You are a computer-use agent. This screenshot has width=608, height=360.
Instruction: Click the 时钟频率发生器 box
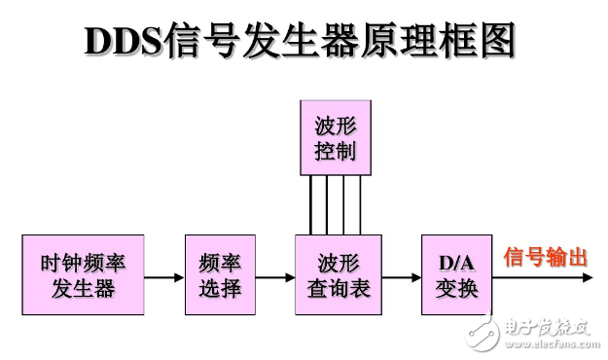coord(83,275)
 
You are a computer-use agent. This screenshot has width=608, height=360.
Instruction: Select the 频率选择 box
coord(220,275)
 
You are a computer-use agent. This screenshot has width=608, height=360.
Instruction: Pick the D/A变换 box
coord(456,275)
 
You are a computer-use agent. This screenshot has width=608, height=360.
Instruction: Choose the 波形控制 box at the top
coord(335,137)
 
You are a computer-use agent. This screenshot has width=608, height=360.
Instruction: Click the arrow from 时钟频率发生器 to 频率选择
coord(163,276)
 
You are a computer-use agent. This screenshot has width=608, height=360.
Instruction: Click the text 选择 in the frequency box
coord(220,289)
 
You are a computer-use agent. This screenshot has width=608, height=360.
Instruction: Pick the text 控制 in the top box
coord(335,151)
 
